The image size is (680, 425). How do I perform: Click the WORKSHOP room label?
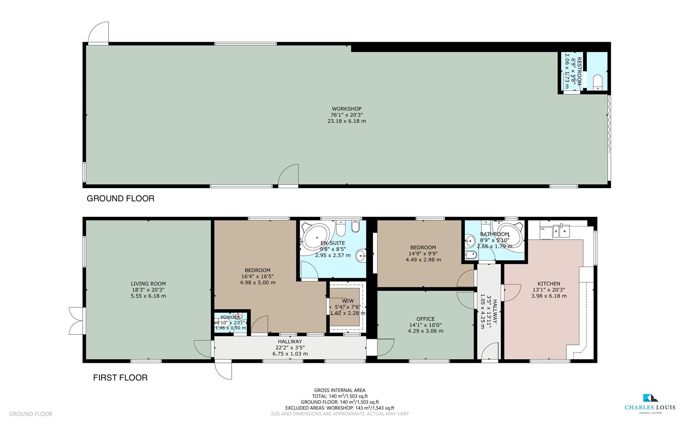346,109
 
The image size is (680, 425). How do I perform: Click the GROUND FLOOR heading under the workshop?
120,198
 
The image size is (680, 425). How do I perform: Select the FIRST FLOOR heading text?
120,378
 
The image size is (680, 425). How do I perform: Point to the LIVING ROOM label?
148,284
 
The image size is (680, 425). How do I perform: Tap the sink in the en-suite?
361,257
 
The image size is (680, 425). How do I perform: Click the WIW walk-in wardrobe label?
348,301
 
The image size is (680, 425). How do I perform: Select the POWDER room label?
230,317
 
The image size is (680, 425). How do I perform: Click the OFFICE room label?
426,319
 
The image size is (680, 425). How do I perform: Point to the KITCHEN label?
549,284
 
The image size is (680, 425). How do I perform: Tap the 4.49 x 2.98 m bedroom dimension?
423,260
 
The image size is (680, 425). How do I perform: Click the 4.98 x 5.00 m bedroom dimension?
258,283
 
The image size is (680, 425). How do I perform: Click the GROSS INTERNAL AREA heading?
340,390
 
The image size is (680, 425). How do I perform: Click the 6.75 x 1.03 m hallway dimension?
290,354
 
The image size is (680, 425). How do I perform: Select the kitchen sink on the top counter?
560,231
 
